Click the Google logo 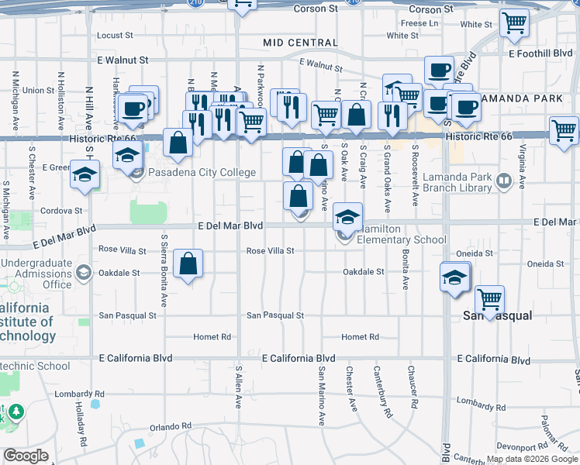click(26, 456)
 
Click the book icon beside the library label click(504, 181)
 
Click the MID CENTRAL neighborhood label click(296, 43)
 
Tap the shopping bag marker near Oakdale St click(188, 264)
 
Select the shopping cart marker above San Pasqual click(489, 298)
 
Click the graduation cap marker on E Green click(85, 174)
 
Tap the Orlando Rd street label click(170, 427)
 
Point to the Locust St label click(116, 36)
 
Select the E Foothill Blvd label click(540, 53)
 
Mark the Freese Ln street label click(419, 23)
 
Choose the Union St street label click(38, 91)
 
